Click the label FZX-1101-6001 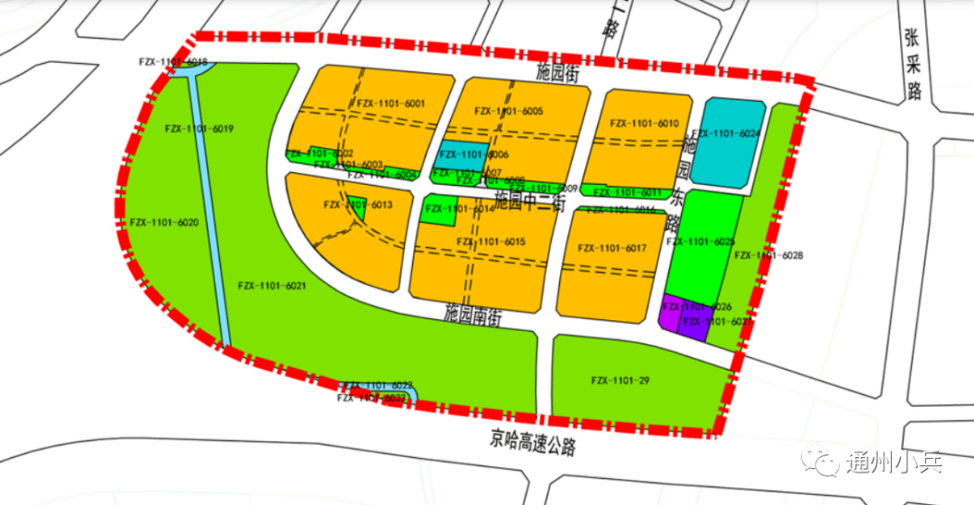(391, 105)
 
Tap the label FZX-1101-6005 (508, 111)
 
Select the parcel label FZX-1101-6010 (644, 123)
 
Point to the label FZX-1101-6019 (199, 129)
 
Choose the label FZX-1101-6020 (164, 222)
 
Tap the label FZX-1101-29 (620, 381)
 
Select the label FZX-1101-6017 (612, 248)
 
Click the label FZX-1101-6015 (491, 242)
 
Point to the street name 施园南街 (473, 315)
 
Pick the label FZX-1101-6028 (768, 256)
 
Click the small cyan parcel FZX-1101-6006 (464, 155)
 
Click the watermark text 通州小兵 (894, 464)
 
